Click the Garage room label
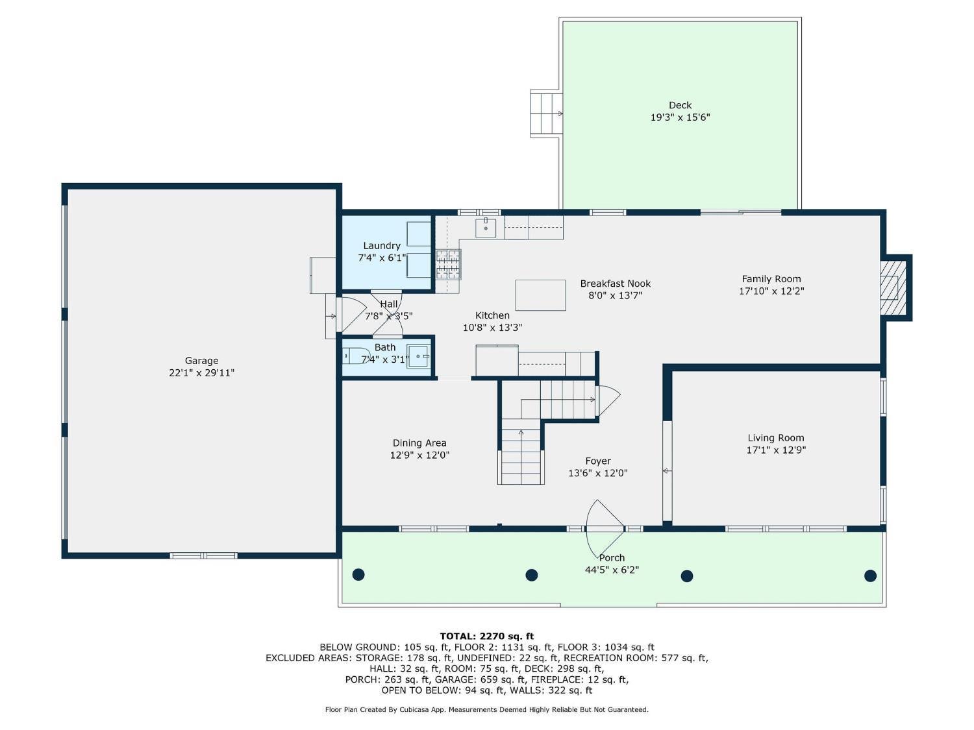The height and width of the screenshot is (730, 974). (x=201, y=361)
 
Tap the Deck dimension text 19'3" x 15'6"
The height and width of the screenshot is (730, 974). (x=680, y=117)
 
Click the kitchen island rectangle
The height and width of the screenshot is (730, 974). (x=540, y=295)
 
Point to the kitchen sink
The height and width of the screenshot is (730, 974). (x=486, y=228)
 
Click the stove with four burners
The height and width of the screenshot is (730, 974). (x=448, y=263)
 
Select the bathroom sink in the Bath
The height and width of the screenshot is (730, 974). (x=418, y=356)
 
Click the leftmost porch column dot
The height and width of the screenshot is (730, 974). (x=358, y=574)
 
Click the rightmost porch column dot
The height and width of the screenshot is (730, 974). (x=870, y=576)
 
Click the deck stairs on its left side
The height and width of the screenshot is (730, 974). (x=545, y=114)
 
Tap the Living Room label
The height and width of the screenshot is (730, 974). (x=775, y=438)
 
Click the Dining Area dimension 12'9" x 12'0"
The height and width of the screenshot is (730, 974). (x=419, y=456)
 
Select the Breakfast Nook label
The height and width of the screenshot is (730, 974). (x=615, y=284)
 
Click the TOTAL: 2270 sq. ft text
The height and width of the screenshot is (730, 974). (x=486, y=636)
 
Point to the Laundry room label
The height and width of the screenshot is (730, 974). (x=381, y=246)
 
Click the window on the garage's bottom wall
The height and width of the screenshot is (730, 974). (x=203, y=555)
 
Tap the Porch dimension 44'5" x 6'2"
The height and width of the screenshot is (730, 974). (x=612, y=570)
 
